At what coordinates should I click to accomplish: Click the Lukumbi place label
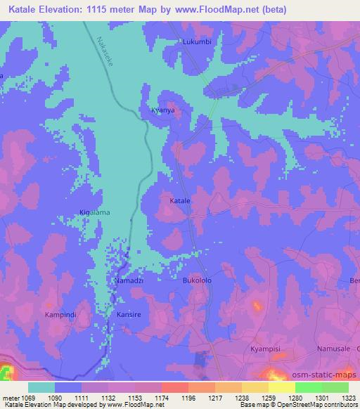[x=197, y=41]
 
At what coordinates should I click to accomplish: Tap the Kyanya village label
[x=162, y=111]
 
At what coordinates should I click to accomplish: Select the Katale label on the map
[x=180, y=201]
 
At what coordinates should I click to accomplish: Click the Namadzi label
[x=129, y=280]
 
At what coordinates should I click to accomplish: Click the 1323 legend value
[x=349, y=397]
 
